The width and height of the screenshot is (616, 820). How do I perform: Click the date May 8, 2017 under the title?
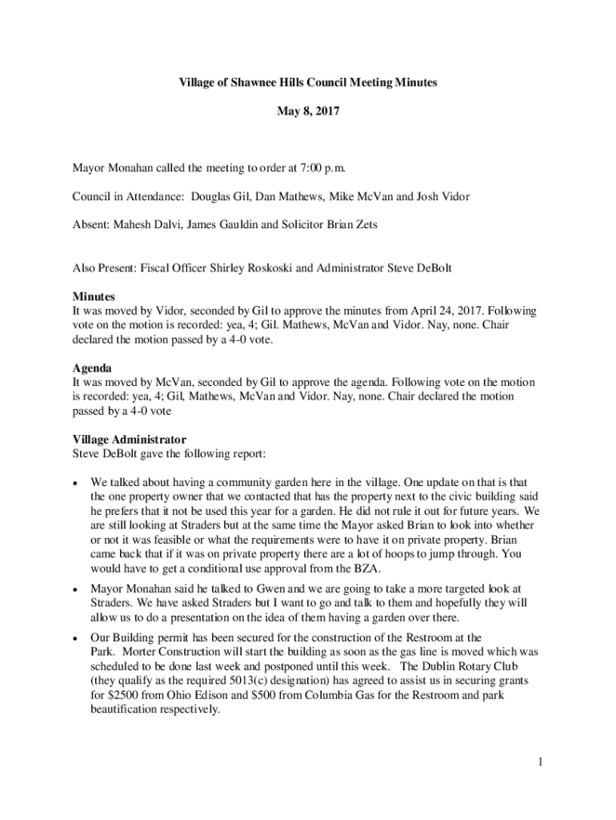308,113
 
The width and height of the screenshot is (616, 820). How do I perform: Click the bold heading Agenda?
92,368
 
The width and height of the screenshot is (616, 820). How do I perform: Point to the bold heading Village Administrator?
129,440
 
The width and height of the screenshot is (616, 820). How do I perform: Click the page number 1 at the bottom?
541,762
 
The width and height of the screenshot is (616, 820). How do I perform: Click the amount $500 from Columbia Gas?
266,695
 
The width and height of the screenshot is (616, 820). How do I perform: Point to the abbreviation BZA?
366,569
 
